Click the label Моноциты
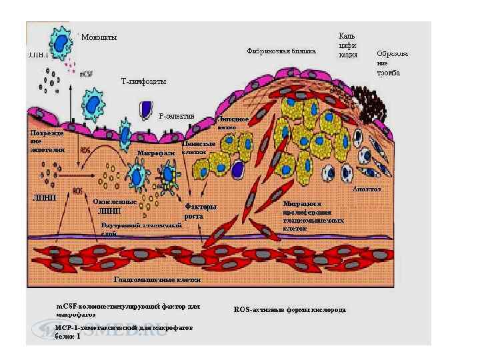tap(99, 37)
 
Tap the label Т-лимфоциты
tap(143, 81)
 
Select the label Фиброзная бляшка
tap(281, 50)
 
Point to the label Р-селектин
tap(177, 115)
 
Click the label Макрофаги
tap(155, 153)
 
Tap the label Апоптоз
tap(367, 189)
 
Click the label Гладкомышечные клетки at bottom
tap(157, 280)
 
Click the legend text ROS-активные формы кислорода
tap(290, 310)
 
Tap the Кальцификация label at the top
tap(349, 45)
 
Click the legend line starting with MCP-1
tap(124, 332)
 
